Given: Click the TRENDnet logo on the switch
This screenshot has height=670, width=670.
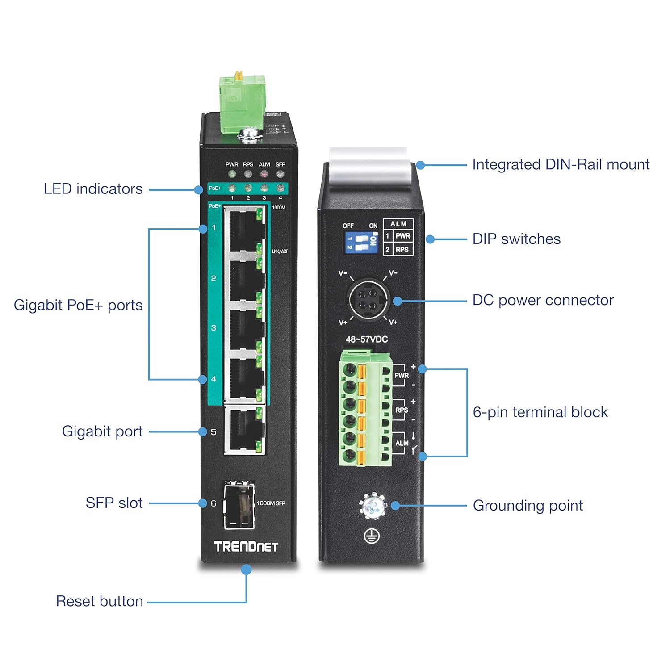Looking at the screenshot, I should point(246,547).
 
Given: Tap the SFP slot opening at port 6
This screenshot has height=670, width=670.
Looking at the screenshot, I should point(239,504).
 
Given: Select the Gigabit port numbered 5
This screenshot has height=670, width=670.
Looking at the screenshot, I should point(244,430).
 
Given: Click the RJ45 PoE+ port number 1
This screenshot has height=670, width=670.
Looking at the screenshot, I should point(244,230).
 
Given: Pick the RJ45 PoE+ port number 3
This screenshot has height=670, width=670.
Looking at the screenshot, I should point(244,330).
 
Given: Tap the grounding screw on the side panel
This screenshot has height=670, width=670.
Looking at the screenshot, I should point(372,507).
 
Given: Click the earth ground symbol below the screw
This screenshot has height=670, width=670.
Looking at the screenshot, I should point(372,536).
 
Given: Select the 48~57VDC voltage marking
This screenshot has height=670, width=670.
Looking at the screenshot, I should point(367,339).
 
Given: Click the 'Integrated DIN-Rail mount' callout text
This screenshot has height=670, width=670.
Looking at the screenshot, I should point(561,165).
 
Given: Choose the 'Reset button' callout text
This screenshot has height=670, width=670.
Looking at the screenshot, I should point(99,601).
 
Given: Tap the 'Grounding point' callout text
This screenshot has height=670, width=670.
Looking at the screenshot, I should point(528,506).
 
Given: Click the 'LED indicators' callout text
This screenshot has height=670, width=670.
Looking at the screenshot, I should point(93,189).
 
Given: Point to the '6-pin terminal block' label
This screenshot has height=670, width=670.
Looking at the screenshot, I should point(540,412).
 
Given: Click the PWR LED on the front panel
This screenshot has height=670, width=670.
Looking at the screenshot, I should point(231,174).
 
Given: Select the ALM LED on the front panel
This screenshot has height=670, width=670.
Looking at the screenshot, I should point(264,174).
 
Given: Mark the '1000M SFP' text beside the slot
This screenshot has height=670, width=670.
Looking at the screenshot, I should point(271,503).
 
